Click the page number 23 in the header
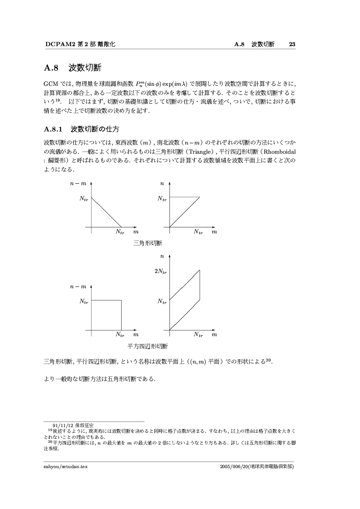[x=292, y=44]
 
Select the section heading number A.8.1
[x=54, y=129]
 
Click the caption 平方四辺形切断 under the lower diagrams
[x=147, y=346]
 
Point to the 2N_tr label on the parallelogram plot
[x=160, y=271]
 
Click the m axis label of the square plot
[x=136, y=335]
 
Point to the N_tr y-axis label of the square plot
[x=84, y=301]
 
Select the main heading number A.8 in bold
[x=51, y=68]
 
